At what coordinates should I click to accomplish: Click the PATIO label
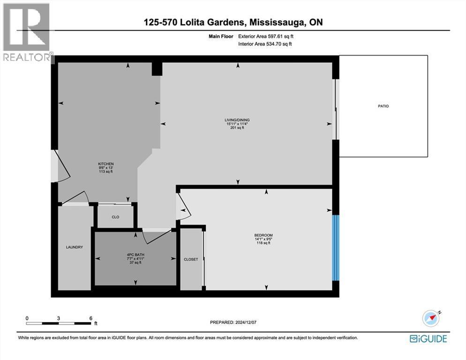pos(383,106)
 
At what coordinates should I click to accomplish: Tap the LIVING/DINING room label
pos(237,120)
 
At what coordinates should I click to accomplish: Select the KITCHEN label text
pos(106,164)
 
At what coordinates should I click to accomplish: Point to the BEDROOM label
pos(263,235)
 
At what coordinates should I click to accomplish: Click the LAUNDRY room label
pos(74,247)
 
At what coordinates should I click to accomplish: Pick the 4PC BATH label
pos(135,255)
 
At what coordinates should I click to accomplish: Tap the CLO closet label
pos(115,217)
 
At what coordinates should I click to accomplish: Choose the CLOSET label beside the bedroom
pos(191,259)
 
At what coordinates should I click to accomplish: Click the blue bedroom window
pos(335,247)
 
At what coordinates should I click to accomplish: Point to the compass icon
pos(431,318)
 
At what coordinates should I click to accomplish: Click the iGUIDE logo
pos(428,338)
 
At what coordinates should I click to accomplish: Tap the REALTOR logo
pos(27,32)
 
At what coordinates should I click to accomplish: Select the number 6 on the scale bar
pos(91,318)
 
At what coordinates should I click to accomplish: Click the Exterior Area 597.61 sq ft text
pos(266,36)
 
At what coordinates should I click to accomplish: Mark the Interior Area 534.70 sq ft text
pos(265,44)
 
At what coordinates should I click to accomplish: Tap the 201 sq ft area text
pos(237,128)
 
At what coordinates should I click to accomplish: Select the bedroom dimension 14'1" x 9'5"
pos(263,239)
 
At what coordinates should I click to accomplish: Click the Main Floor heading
pos(221,36)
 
